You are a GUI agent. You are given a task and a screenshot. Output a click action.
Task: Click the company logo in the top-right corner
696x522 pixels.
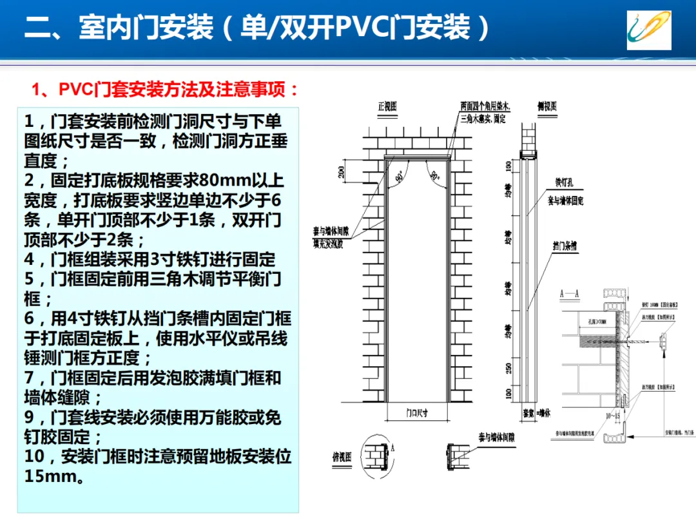649,30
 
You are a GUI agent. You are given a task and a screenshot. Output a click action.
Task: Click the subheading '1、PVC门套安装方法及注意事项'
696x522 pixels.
166,90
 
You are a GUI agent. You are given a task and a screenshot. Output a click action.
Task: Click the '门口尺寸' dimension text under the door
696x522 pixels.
417,414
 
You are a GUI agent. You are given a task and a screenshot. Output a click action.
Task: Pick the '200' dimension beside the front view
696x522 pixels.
341,171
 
